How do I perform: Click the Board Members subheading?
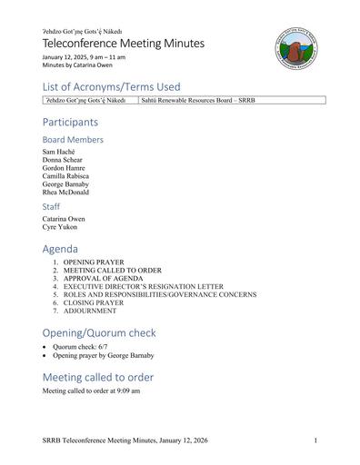coord(73,140)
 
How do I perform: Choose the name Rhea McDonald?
coord(65,193)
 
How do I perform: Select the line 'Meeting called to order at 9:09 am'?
coord(91,391)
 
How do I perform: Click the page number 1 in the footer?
coord(315,440)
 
